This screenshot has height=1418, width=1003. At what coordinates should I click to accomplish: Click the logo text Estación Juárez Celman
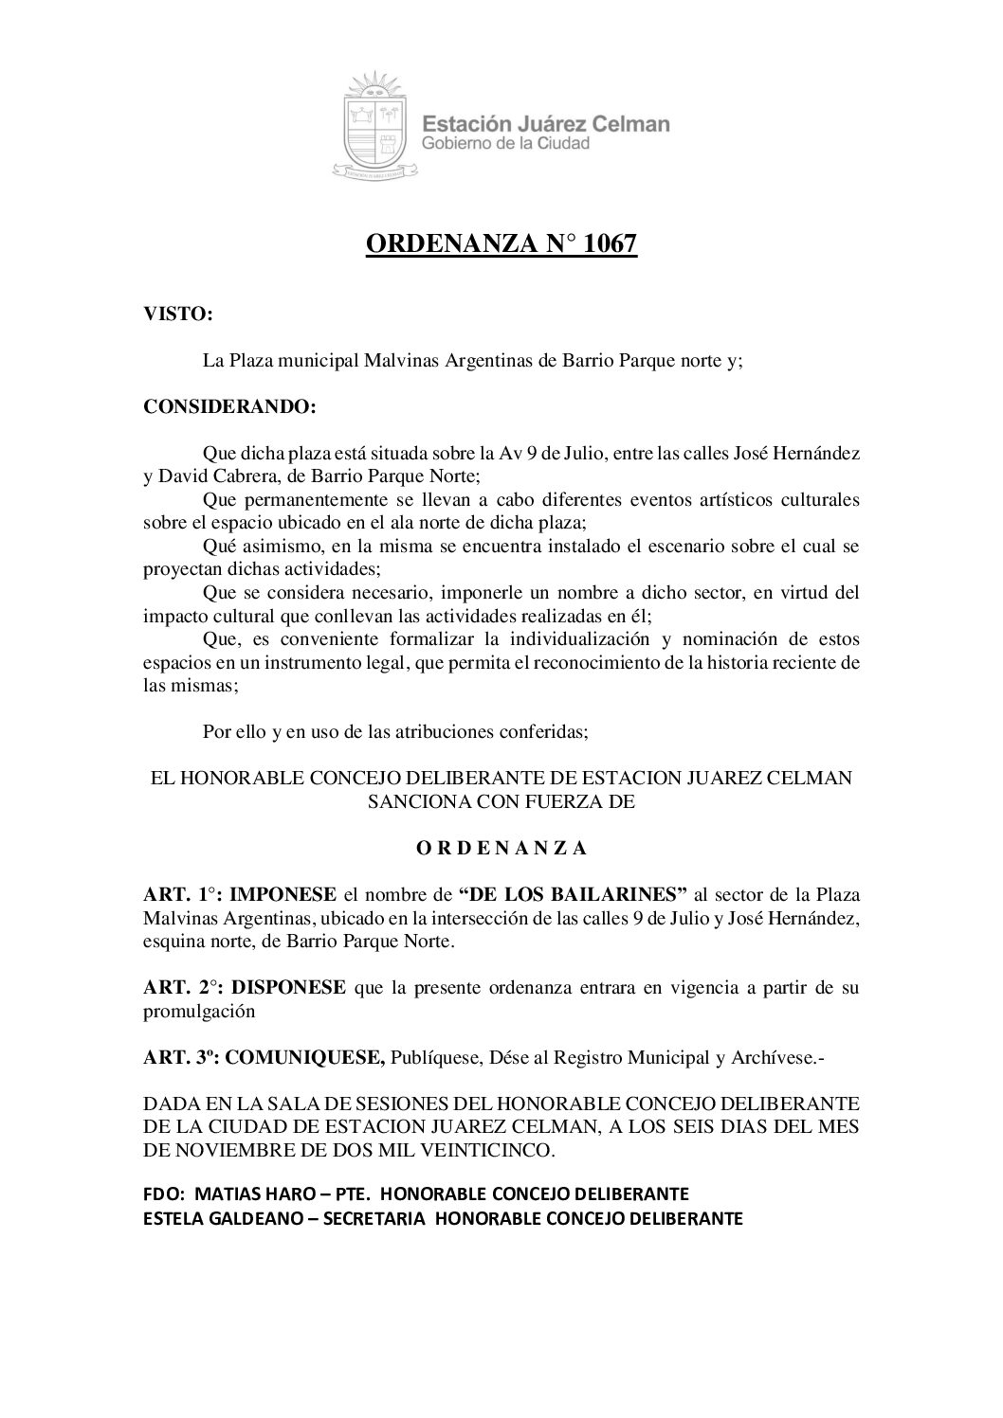coord(545,123)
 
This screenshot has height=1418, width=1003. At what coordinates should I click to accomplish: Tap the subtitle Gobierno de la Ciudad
coord(506,143)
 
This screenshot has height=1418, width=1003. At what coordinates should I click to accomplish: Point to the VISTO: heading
coord(176,315)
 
